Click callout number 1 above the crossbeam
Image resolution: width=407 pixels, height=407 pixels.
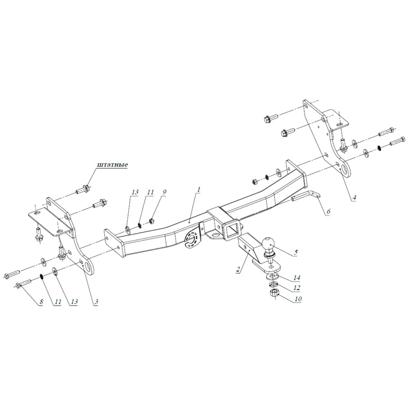tap(199, 190)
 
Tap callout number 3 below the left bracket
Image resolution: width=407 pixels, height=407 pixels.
tap(96, 302)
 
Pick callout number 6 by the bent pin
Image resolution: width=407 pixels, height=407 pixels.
tap(328, 211)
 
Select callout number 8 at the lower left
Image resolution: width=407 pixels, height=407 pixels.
tap(41, 302)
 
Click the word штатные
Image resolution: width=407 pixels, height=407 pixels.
tap(112, 165)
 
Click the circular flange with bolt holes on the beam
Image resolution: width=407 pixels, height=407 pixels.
tap(192, 239)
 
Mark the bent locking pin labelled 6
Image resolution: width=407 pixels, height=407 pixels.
tap(308, 198)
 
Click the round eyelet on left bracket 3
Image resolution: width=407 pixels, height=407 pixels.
tap(89, 266)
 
